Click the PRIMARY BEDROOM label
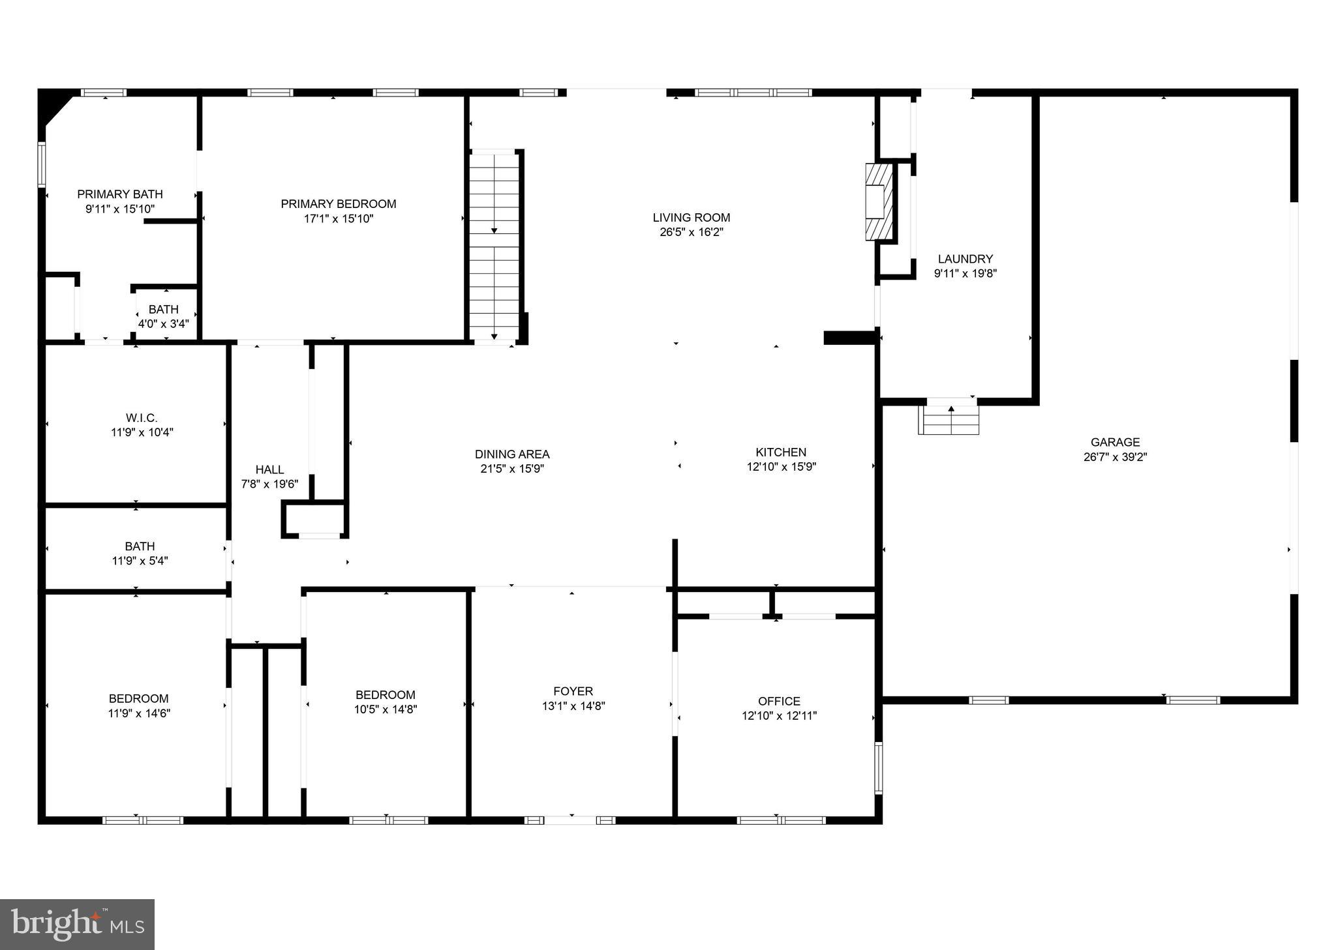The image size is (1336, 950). [339, 204]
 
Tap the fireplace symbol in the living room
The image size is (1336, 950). [878, 201]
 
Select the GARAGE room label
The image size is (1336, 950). [1115, 442]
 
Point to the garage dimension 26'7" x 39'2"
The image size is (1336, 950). [1115, 457]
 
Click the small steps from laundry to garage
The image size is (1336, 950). [949, 420]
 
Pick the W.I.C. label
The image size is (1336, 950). [142, 418]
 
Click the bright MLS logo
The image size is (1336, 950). [77, 924]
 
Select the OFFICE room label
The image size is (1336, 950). [779, 701]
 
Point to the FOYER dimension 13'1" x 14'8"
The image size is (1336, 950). [573, 705]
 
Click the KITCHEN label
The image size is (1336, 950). [781, 452]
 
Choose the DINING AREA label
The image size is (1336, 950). [512, 454]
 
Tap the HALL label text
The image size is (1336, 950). [269, 469]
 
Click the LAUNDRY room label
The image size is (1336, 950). [965, 259]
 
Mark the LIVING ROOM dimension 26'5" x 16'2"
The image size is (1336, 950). [691, 232]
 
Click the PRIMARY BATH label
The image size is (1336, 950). [120, 194]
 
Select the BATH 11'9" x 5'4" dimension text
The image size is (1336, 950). [140, 561]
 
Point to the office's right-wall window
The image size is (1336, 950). [878, 767]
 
